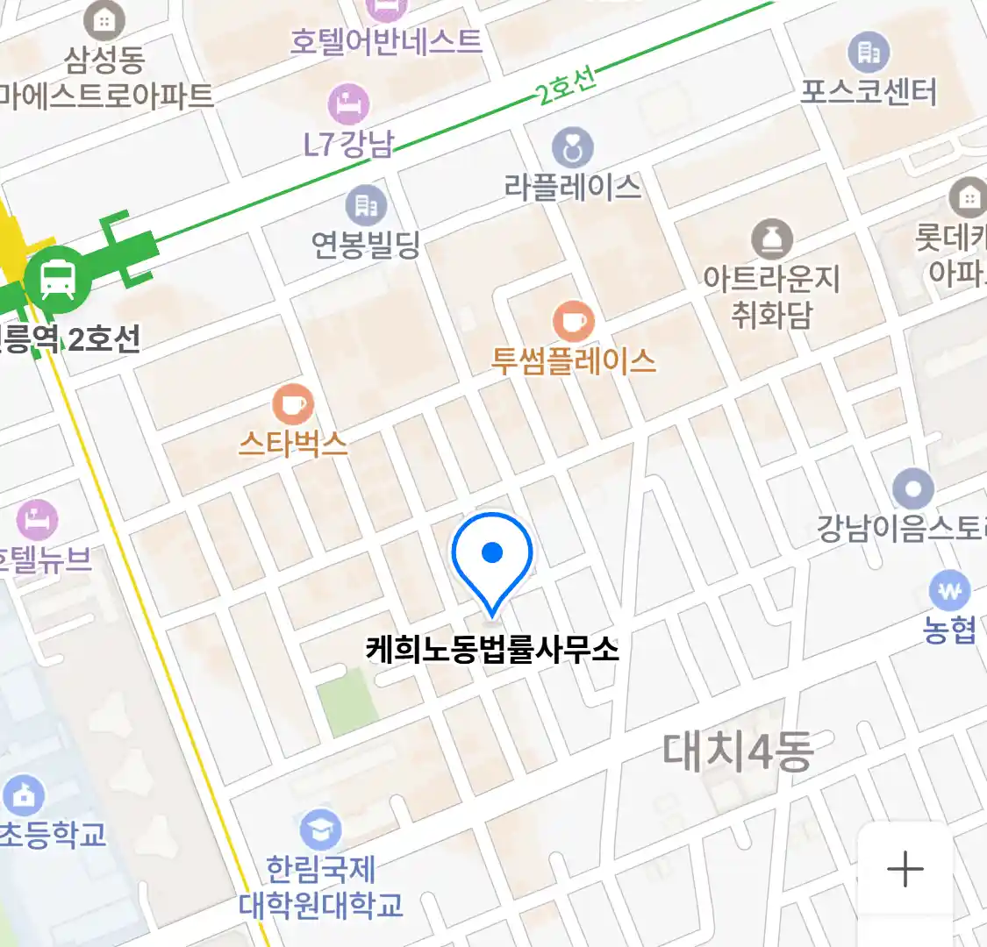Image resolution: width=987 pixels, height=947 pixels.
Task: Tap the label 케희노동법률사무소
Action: pyautogui.click(x=492, y=650)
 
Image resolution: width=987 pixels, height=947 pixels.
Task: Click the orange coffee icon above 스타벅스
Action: pyautogui.click(x=292, y=404)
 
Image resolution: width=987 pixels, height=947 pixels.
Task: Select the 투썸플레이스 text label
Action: pyautogui.click(x=574, y=360)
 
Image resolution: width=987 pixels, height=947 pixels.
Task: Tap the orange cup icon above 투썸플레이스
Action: pyautogui.click(x=573, y=321)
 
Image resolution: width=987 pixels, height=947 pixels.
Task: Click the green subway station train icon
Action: pyautogui.click(x=57, y=280)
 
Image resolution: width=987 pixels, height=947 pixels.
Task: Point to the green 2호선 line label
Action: pyautogui.click(x=567, y=85)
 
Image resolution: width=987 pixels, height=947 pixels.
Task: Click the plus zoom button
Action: pyautogui.click(x=905, y=870)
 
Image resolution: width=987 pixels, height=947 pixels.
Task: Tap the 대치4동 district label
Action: pyautogui.click(x=737, y=751)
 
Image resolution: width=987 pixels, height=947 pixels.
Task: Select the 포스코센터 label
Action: pyautogui.click(x=868, y=92)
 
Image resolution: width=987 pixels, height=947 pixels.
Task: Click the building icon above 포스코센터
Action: pyautogui.click(x=868, y=53)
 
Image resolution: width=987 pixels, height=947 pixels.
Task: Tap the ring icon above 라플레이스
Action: pyautogui.click(x=573, y=148)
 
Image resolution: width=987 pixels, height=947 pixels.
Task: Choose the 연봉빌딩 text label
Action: pyautogui.click(x=366, y=244)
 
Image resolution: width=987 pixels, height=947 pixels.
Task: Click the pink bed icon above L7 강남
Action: pyautogui.click(x=349, y=104)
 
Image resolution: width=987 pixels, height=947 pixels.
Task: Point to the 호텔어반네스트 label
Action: pyautogui.click(x=386, y=41)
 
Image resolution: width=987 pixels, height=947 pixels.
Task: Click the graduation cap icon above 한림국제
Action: pyautogui.click(x=320, y=830)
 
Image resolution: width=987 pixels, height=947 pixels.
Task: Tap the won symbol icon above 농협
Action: pyautogui.click(x=949, y=591)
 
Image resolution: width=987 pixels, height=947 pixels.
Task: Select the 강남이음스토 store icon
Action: pyautogui.click(x=912, y=488)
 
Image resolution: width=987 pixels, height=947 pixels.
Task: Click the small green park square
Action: pyautogui.click(x=347, y=702)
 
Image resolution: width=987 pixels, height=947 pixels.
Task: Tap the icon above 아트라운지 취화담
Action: pyautogui.click(x=771, y=239)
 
